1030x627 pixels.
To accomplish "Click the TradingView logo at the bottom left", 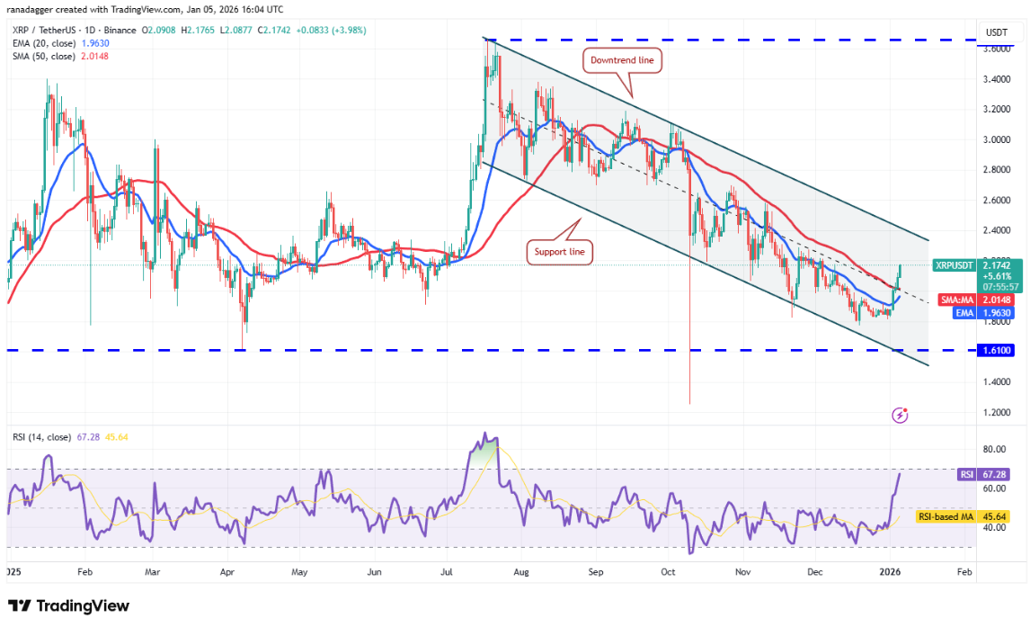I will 68,605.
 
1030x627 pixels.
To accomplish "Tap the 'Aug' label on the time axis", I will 520,571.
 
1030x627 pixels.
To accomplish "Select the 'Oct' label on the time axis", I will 667,571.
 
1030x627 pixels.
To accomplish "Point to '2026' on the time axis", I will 890,571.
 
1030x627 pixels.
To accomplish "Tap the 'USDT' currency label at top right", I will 997,32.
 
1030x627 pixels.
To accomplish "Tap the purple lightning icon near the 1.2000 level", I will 900,415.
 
